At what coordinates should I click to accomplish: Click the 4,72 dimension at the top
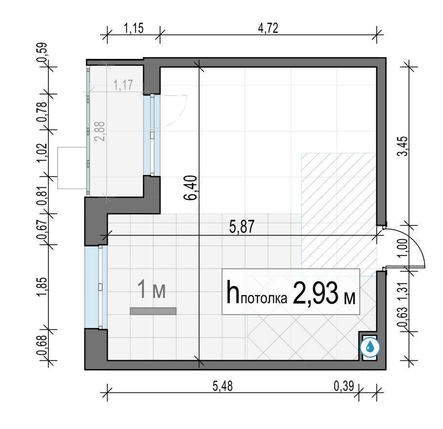pyautogui.click(x=268, y=28)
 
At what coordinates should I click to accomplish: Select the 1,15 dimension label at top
pyautogui.click(x=133, y=28)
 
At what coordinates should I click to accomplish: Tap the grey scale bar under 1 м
pyautogui.click(x=153, y=311)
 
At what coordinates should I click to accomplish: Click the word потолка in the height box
pyautogui.click(x=264, y=299)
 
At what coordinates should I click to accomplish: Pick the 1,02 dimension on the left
pyautogui.click(x=43, y=152)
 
